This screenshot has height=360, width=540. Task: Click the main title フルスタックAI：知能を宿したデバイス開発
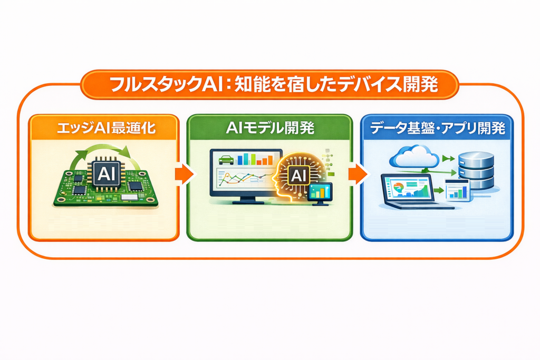(274, 84)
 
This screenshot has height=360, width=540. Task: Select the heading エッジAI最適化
(106, 129)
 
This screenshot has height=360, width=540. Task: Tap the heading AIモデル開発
(270, 128)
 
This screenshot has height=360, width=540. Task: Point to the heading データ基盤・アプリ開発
(437, 128)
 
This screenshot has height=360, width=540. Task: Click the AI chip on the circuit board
(105, 174)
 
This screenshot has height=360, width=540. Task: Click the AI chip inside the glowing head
(298, 176)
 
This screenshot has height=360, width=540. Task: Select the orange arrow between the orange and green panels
(184, 174)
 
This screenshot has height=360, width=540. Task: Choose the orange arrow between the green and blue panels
(358, 174)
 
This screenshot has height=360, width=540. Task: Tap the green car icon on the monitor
(226, 160)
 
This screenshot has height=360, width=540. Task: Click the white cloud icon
(414, 156)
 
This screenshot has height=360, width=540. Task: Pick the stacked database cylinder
(476, 170)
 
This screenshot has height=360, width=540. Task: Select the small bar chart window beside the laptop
(457, 190)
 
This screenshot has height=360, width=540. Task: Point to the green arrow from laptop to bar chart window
(438, 190)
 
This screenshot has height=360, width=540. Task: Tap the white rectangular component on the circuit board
(130, 197)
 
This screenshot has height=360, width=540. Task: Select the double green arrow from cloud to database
(448, 158)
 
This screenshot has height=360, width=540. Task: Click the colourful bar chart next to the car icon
(255, 159)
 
